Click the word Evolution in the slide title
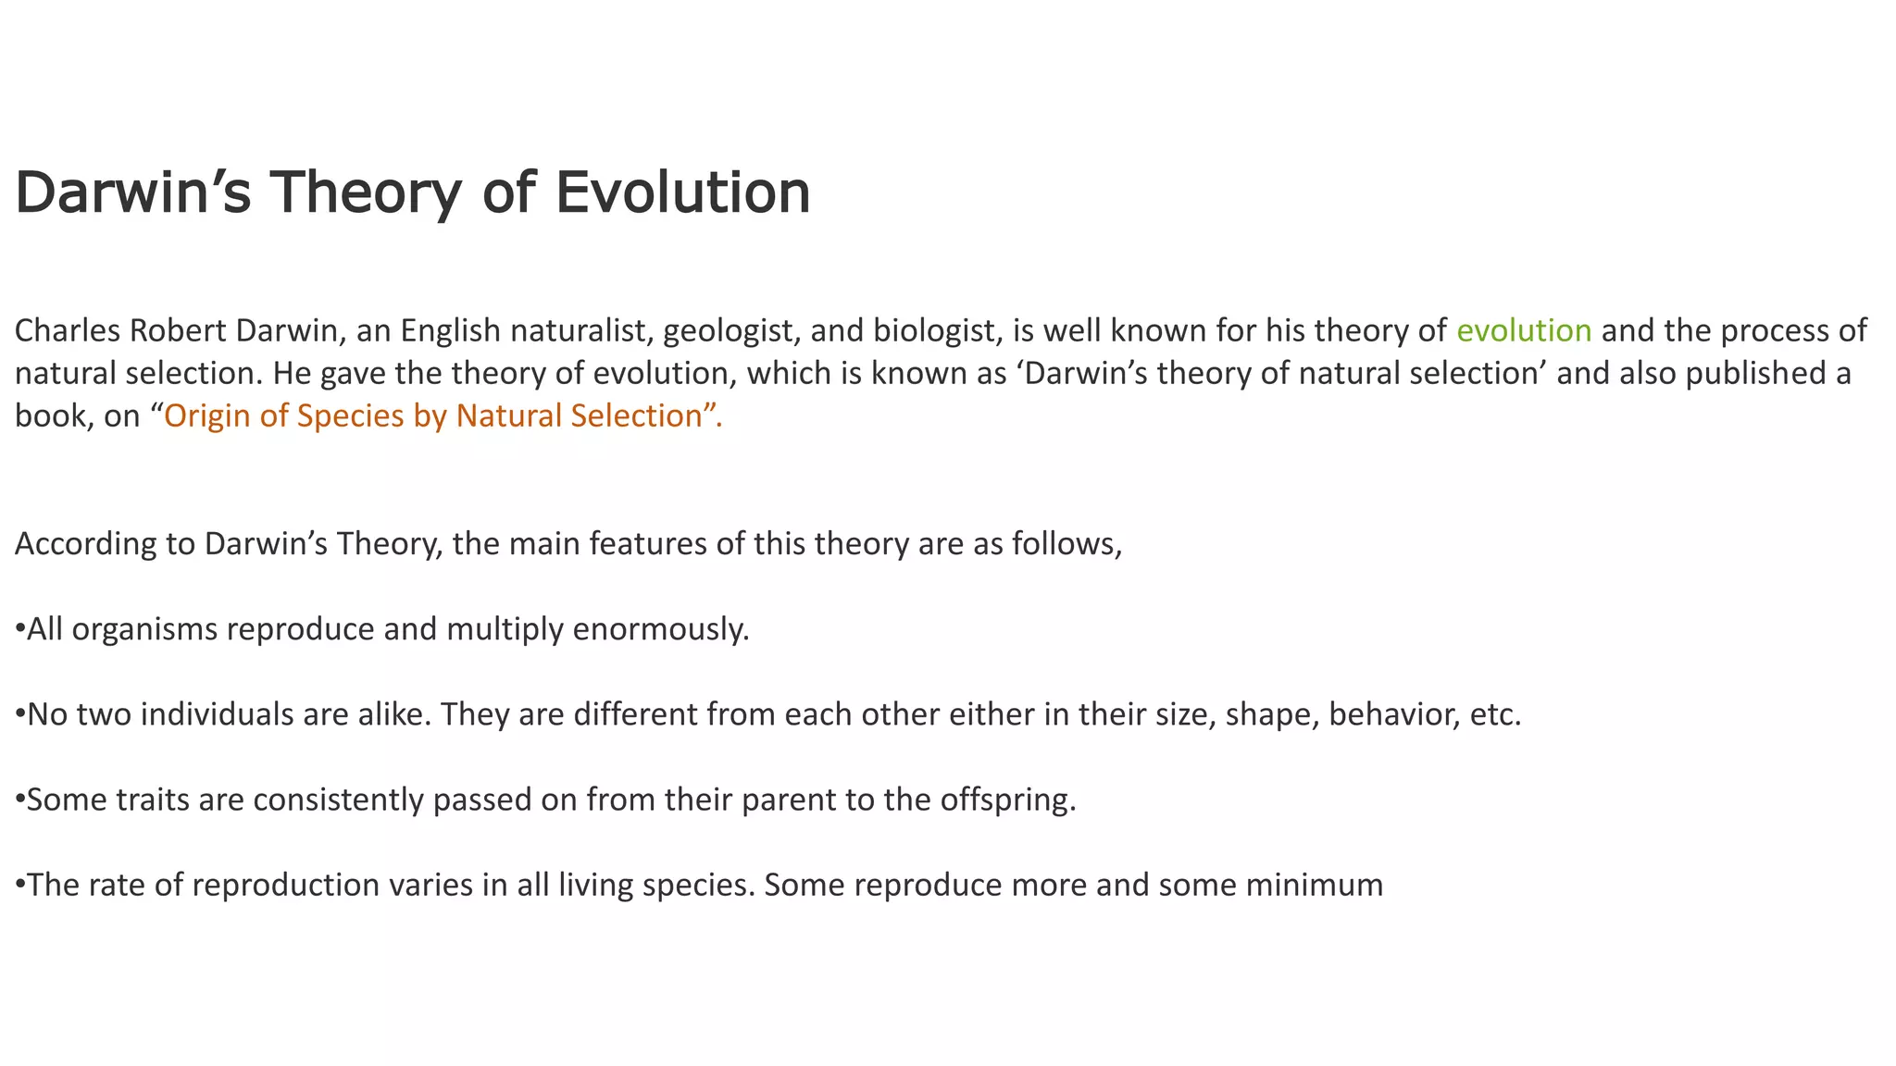tap(682, 192)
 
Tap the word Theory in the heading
tap(365, 192)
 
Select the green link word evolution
tap(1524, 330)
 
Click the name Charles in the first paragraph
tap(67, 330)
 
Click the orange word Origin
tap(207, 416)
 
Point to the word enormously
tap(660, 629)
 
